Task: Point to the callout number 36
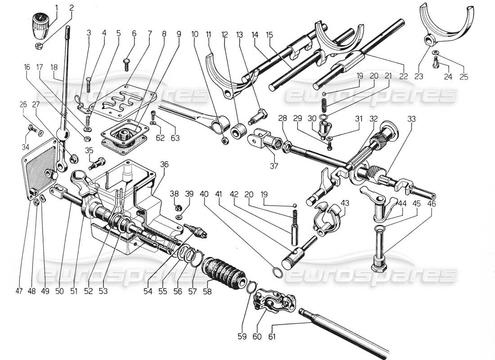(x=164, y=165)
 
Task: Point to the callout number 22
(x=404, y=77)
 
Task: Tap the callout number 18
(x=54, y=67)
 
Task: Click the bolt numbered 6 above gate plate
(x=127, y=64)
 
